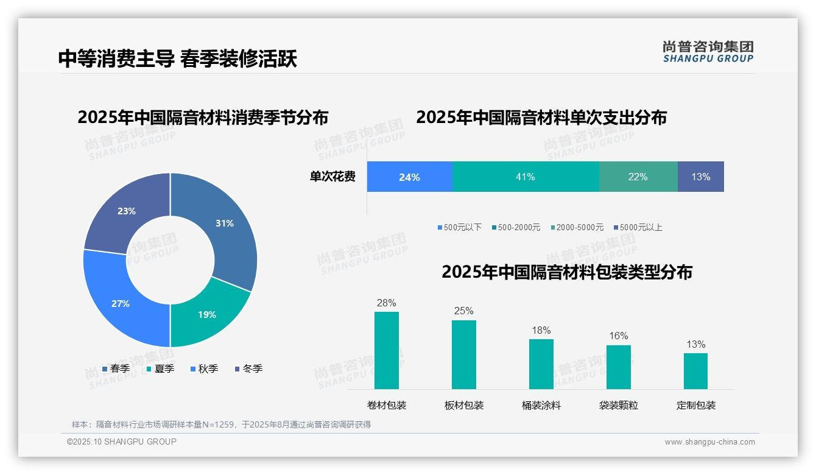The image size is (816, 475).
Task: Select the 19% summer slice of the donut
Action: click(207, 314)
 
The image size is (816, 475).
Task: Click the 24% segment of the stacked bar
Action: click(409, 177)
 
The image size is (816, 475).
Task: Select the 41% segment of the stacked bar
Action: click(525, 177)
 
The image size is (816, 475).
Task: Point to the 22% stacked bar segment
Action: click(638, 177)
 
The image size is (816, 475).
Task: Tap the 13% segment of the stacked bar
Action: click(700, 177)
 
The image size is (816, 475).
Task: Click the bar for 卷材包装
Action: click(386, 351)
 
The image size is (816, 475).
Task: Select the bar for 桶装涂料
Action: click(541, 364)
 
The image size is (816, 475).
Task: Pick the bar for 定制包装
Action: click(695, 371)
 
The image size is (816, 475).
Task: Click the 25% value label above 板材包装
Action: click(463, 311)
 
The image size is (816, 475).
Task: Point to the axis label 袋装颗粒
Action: click(618, 406)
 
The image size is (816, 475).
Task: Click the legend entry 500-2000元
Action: click(518, 228)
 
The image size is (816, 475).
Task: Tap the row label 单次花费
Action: click(332, 177)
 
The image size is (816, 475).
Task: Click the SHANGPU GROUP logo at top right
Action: click(708, 52)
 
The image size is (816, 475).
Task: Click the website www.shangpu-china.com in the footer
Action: click(709, 442)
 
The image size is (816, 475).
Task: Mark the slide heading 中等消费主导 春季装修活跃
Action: click(177, 59)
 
